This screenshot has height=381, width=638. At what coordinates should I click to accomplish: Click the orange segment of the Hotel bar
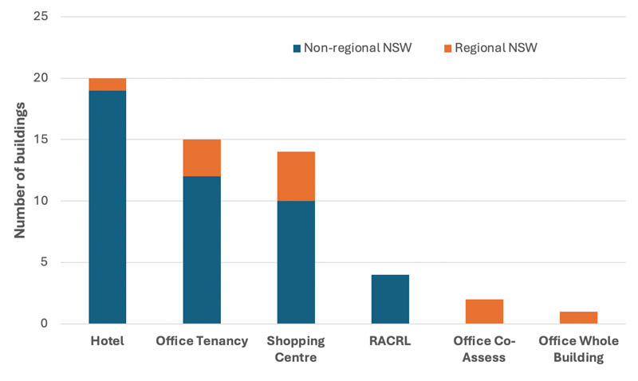tap(107, 84)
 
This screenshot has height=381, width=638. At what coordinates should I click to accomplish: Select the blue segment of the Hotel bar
tap(107, 207)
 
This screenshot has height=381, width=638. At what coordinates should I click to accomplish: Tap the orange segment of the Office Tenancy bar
tap(202, 158)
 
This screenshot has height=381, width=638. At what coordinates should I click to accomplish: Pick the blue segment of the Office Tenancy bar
tap(202, 250)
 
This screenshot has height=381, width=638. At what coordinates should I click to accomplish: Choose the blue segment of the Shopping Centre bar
tap(296, 262)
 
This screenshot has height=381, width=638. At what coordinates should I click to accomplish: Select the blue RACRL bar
tap(390, 299)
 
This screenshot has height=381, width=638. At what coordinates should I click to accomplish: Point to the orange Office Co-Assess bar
tap(484, 312)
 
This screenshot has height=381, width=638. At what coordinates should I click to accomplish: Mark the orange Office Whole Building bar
tap(578, 317)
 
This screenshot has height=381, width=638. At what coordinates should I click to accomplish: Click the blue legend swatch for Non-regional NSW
tap(297, 48)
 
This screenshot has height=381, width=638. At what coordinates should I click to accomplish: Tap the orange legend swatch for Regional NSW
tap(447, 48)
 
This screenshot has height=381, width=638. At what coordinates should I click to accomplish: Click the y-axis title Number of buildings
tap(22, 170)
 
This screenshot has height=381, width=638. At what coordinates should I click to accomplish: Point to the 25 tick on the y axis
tap(40, 17)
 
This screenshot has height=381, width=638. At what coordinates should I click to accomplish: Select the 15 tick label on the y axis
tap(40, 139)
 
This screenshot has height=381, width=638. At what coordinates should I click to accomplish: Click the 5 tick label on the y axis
tap(44, 262)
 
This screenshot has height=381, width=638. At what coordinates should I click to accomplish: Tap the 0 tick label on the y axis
tap(44, 324)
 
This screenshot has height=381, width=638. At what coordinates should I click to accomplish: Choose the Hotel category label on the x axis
tap(107, 341)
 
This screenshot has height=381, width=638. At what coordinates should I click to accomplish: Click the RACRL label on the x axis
tap(390, 341)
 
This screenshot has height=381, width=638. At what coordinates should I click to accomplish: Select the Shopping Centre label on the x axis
tap(296, 349)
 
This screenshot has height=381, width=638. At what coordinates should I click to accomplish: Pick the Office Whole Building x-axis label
tap(578, 349)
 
